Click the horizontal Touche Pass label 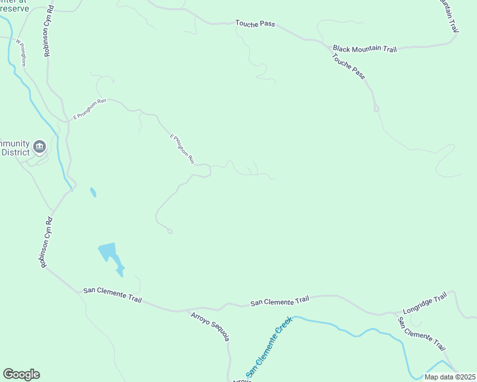pyautogui.click(x=255, y=24)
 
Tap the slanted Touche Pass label pyautogui.click(x=349, y=66)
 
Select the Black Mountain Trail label pyautogui.click(x=365, y=48)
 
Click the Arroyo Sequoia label pyautogui.click(x=209, y=326)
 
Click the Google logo pyautogui.click(x=21, y=374)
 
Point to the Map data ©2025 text pyautogui.click(x=449, y=377)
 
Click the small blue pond pyautogui.click(x=93, y=192)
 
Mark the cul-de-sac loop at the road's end pyautogui.click(x=170, y=231)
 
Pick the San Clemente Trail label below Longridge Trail pyautogui.click(x=422, y=334)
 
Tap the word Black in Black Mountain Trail pyautogui.click(x=342, y=48)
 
